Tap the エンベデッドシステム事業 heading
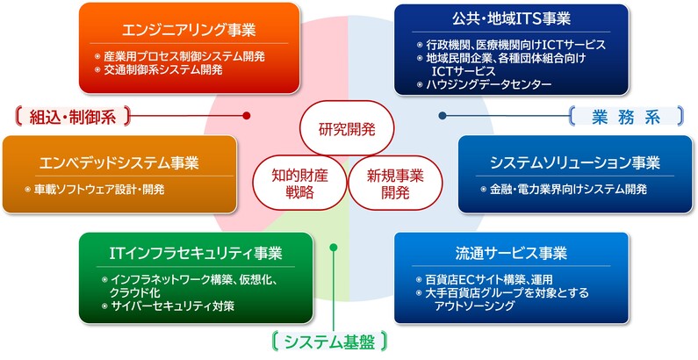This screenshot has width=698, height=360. (x=119, y=162)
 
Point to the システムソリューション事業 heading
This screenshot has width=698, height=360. (x=576, y=162)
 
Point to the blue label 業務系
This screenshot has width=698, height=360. (x=626, y=115)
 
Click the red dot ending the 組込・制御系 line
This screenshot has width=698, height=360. (x=247, y=115)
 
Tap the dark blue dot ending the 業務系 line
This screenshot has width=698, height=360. (x=443, y=115)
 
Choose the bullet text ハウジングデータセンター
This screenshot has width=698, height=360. (x=489, y=85)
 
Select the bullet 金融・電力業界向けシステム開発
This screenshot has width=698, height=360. (x=563, y=189)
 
